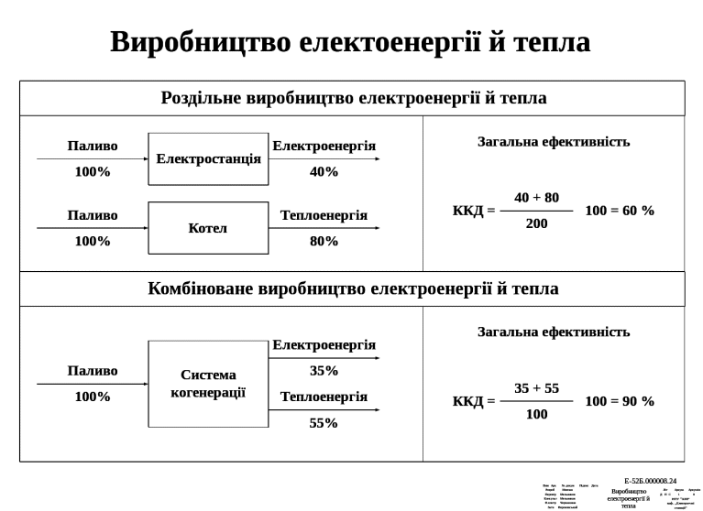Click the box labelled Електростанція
(x=208, y=159)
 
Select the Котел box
(x=208, y=228)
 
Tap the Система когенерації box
(x=208, y=384)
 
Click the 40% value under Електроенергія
(x=324, y=171)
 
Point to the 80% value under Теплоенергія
(x=324, y=242)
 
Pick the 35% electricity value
(x=324, y=371)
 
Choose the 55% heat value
(x=324, y=423)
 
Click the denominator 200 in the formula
(x=536, y=223)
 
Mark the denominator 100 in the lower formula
(x=536, y=414)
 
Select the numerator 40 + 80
(x=536, y=198)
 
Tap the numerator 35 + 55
(x=536, y=388)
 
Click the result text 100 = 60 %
(x=620, y=211)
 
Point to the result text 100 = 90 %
(x=620, y=401)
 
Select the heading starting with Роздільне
(x=352, y=98)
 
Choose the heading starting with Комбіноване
(x=352, y=288)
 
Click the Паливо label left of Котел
(x=93, y=215)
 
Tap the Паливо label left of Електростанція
(x=93, y=146)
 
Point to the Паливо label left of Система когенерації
(x=93, y=371)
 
